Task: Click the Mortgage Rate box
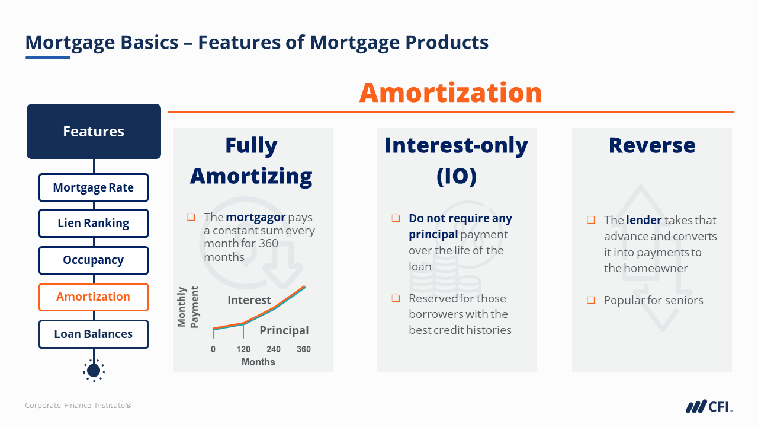coord(94,187)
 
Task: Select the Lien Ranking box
coord(94,223)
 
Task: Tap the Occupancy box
coord(94,260)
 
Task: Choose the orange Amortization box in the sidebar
coord(94,297)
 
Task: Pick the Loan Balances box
coord(94,334)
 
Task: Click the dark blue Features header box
coord(94,131)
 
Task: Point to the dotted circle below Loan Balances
coord(94,371)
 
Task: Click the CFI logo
coord(709,406)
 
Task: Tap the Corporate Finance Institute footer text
coord(78,405)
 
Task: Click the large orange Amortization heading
coord(451,93)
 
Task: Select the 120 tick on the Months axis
coord(243,349)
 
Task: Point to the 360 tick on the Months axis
coord(304,349)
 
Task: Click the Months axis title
coord(258,362)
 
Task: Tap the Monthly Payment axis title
coord(188,307)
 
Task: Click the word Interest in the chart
coord(249,300)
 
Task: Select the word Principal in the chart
coord(284,330)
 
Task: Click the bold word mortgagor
coord(255,217)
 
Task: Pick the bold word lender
coord(644,220)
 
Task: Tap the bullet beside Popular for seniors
coord(591,300)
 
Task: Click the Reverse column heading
coord(652,145)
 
